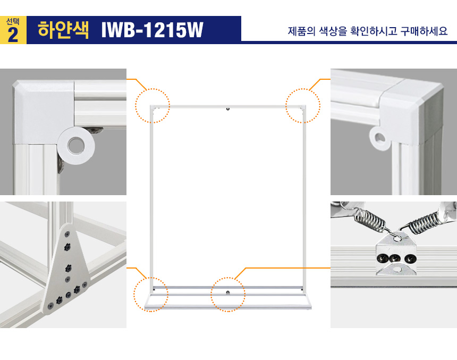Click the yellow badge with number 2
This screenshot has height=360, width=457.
pos(13,30)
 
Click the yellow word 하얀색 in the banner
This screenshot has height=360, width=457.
pos(63,30)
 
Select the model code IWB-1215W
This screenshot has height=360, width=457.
pos(152,30)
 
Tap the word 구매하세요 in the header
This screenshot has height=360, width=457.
pos(424,31)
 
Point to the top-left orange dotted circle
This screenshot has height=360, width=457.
pos(153,106)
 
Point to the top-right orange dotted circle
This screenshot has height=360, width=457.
pos(303,106)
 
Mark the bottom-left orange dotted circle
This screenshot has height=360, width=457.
pos(151,294)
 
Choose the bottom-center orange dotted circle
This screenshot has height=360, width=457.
pos(228,295)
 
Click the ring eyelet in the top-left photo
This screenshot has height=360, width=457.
pos(76,145)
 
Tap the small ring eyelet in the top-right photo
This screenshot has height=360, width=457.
pos(380,138)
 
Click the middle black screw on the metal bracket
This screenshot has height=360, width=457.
pos(395,258)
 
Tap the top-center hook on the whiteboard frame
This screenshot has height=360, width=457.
pos(228,109)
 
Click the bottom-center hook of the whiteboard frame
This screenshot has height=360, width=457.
pos(227,292)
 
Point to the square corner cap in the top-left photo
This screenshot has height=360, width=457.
pos(44,112)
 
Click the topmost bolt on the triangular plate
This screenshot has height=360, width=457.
pos(67,235)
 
